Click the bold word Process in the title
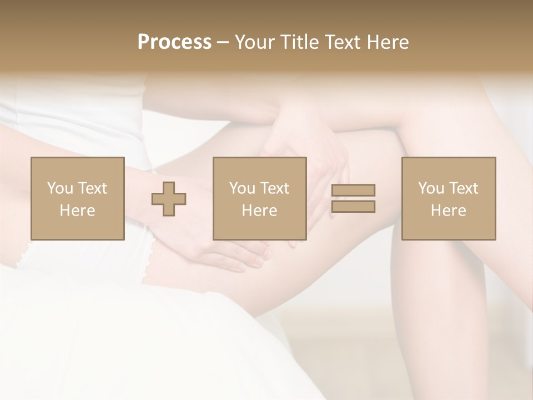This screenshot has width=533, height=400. [174, 42]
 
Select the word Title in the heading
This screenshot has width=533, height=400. [299, 42]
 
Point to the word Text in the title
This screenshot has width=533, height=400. [344, 42]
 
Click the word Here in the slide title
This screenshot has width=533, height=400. [388, 42]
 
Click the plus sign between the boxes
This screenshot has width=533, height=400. [169, 198]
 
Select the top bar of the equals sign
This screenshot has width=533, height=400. [353, 191]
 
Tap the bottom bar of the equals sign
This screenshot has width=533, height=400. [353, 207]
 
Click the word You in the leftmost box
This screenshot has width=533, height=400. [60, 188]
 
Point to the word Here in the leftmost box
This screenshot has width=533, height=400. [77, 211]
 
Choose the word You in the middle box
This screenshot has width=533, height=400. [242, 188]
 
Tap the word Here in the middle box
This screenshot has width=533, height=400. [260, 211]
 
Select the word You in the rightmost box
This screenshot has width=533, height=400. [431, 188]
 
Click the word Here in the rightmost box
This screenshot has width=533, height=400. [449, 211]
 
